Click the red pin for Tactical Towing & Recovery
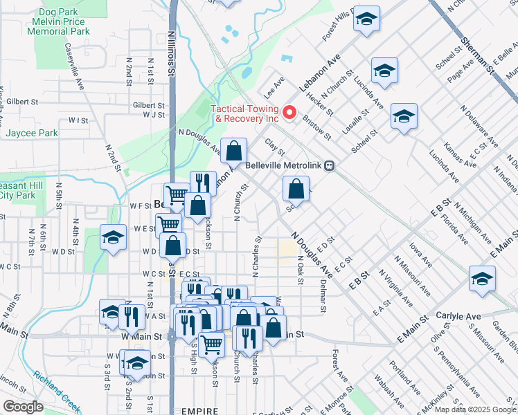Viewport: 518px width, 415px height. [x=291, y=111]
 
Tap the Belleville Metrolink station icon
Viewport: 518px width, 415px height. [x=331, y=166]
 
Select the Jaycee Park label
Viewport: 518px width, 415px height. [x=32, y=133]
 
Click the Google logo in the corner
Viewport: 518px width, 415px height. [x=24, y=407]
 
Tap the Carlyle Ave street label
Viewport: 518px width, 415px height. [x=458, y=316]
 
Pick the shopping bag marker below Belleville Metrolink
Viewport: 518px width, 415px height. [x=296, y=188]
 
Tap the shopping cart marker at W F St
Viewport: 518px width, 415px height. [x=177, y=196]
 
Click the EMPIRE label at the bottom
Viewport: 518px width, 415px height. [x=200, y=411]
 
